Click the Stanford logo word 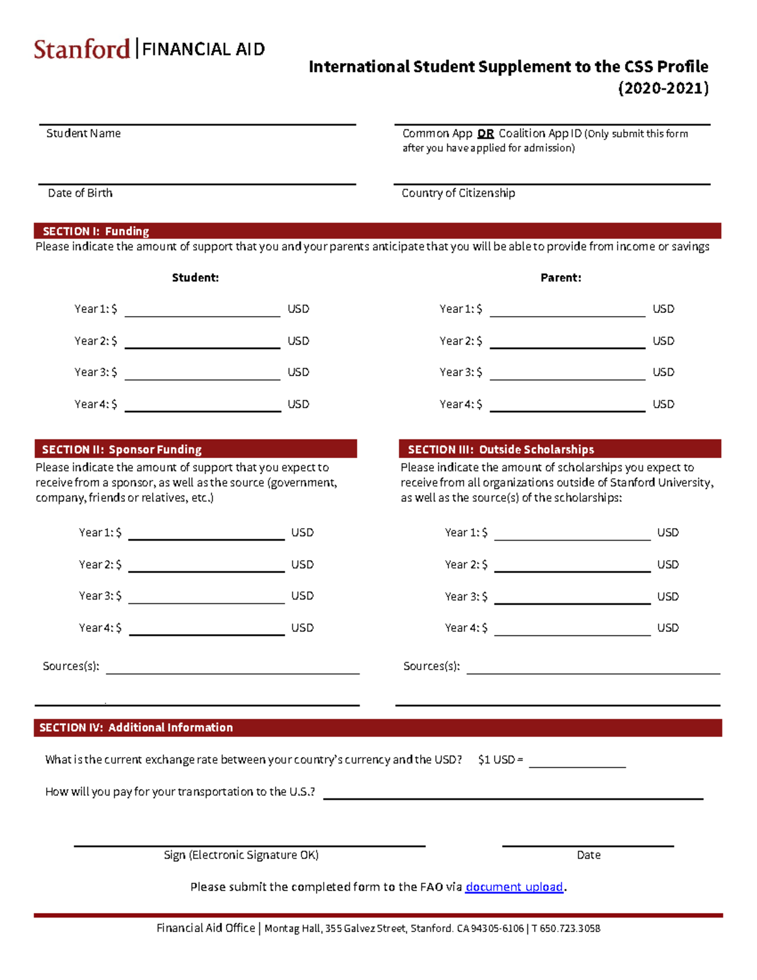82,49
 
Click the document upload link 513,887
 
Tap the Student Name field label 83,133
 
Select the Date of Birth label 80,193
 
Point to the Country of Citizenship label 458,193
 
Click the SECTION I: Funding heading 95,231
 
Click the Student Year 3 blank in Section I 202,373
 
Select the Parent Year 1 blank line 566,309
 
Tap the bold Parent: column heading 560,278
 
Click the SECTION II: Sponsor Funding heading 121,449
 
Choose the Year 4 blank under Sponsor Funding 206,629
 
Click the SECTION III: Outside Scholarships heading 500,449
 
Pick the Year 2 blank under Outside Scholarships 572,565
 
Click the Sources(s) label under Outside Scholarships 431,666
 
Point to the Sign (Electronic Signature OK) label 241,855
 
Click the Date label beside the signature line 588,855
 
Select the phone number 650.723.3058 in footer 570,928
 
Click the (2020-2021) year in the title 662,88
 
